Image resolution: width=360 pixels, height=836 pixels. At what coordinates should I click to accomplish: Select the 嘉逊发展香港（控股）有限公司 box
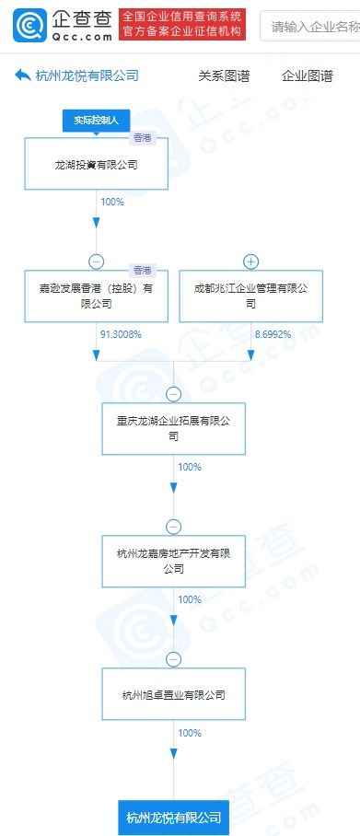coord(97,296)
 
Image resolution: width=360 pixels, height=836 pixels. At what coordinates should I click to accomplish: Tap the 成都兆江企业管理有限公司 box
coord(251,296)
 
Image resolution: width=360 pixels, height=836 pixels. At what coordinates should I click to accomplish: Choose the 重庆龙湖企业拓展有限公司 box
coord(174,429)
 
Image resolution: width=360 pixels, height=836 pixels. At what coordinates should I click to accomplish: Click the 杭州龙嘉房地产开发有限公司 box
coord(174,561)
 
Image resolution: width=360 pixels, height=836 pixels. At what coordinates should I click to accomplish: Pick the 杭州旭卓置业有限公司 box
coord(174,694)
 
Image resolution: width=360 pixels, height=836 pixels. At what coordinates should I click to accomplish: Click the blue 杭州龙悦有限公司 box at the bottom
coord(174,816)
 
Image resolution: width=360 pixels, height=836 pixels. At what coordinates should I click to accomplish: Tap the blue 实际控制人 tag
coord(97,121)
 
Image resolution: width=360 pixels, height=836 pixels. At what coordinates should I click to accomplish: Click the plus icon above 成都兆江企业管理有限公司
coord(251,261)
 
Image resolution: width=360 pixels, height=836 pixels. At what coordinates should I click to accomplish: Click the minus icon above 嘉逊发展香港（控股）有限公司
coord(97,261)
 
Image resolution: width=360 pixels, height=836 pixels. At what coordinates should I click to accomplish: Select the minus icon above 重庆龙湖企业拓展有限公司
coord(174,394)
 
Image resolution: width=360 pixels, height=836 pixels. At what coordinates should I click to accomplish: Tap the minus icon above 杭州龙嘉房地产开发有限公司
coord(174,527)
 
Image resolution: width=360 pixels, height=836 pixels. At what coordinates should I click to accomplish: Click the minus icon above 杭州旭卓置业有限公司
coord(174,659)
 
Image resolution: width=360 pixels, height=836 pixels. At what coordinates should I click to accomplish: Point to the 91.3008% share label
coord(121,334)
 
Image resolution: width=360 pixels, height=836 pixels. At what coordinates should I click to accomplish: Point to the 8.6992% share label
coord(273,334)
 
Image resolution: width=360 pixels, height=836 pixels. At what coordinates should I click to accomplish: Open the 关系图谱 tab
coord(224,76)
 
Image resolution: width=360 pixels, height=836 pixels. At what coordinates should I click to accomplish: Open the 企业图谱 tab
coord(307,76)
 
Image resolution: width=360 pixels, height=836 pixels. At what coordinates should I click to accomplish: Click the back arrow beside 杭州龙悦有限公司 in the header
coord(23,76)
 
